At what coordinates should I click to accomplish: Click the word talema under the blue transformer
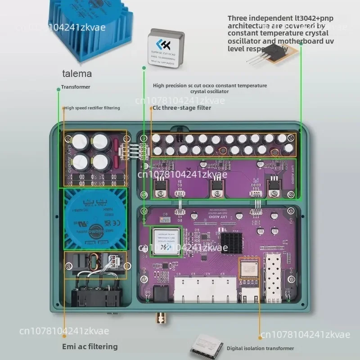(77, 73)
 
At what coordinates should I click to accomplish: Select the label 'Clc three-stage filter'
(183, 108)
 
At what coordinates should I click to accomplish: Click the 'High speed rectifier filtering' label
(92, 108)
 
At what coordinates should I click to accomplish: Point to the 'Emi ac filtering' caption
(90, 346)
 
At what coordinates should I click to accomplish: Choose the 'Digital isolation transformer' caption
(260, 348)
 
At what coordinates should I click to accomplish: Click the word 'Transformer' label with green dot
(76, 87)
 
